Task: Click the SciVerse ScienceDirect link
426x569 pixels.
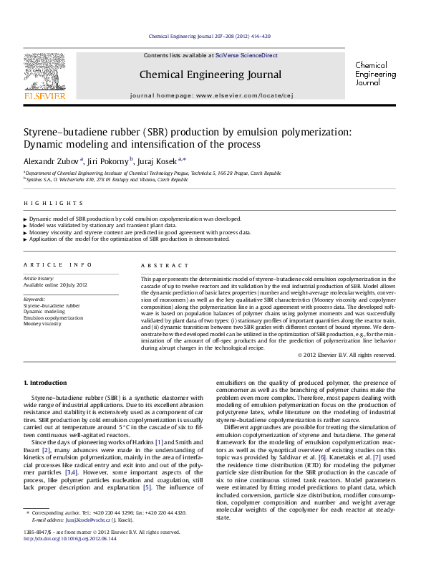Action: click(x=248, y=55)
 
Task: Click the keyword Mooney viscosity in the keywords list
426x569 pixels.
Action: click(x=43, y=324)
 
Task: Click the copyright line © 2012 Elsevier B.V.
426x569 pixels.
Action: click(x=347, y=355)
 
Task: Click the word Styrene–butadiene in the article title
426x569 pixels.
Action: click(x=67, y=132)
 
